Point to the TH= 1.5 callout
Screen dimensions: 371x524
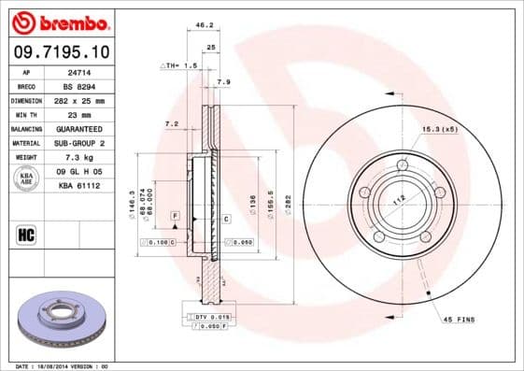coord(179,66)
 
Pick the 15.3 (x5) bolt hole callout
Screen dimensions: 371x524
coord(440,127)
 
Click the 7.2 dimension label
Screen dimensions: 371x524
coord(171,123)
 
